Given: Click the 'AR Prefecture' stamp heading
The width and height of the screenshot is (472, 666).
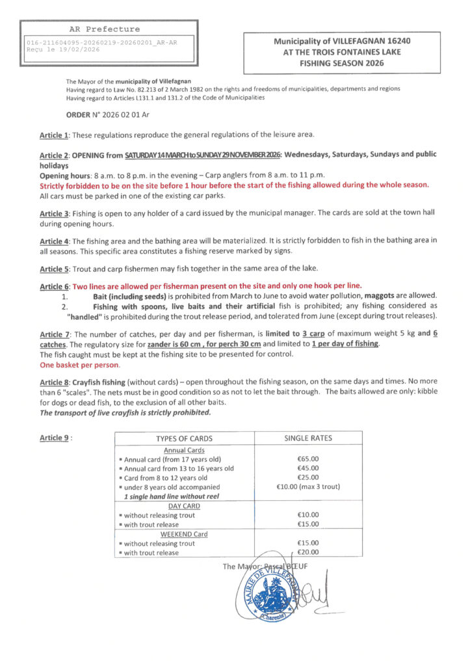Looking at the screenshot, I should (x=104, y=29).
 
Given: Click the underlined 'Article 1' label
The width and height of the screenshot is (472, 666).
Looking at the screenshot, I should (x=55, y=135).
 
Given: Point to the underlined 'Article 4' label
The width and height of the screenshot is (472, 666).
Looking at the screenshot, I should (x=55, y=241).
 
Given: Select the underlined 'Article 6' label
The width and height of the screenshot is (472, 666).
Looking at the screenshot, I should (x=55, y=286).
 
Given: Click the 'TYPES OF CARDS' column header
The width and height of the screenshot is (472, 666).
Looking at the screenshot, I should (x=184, y=438).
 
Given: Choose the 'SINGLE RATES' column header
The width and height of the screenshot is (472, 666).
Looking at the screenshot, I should (x=308, y=438).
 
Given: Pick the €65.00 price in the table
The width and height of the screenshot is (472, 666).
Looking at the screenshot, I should (x=308, y=459).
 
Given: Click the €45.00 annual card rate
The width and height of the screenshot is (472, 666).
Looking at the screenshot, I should (x=308, y=468).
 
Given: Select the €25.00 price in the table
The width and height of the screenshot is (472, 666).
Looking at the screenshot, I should (x=308, y=477).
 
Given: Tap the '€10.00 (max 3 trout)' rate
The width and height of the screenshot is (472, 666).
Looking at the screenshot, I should (x=308, y=486).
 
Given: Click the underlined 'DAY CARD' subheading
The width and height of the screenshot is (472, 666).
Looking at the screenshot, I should (x=184, y=505).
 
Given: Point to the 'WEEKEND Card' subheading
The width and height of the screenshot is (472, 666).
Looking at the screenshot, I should (x=184, y=534).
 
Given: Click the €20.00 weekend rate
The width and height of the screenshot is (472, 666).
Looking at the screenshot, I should (x=308, y=553).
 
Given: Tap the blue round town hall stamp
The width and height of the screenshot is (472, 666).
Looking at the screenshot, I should (x=267, y=593).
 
